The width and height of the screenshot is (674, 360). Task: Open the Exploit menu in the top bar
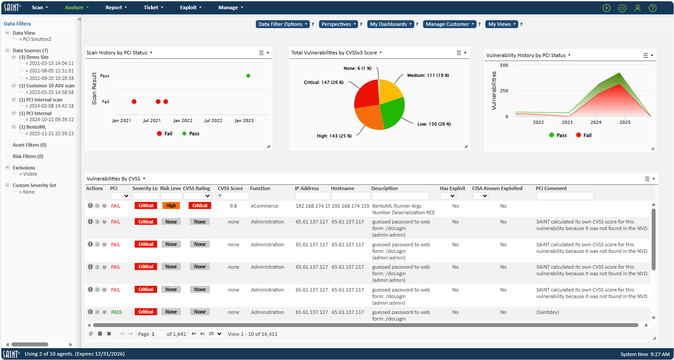click(x=190, y=7)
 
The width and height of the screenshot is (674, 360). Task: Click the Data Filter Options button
click(x=283, y=24)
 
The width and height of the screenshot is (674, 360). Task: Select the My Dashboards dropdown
click(x=391, y=24)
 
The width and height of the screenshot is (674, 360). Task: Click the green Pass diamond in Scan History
click(x=248, y=76)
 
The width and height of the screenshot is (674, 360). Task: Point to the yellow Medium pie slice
click(x=390, y=92)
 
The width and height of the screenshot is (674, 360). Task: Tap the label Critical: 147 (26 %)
click(x=323, y=82)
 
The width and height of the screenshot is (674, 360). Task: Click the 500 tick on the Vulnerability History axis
click(x=504, y=65)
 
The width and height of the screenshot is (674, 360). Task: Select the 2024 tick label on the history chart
click(x=596, y=122)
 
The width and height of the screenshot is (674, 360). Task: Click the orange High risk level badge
click(x=171, y=205)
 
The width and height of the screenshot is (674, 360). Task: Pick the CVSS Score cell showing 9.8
click(x=233, y=206)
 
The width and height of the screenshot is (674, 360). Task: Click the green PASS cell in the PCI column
click(x=116, y=312)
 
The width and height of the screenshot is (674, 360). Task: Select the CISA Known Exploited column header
click(x=497, y=188)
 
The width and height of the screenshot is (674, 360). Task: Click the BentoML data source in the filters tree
click(x=36, y=127)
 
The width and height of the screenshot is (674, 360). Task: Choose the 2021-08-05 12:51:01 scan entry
click(x=51, y=71)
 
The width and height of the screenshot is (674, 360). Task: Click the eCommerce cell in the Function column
click(x=265, y=206)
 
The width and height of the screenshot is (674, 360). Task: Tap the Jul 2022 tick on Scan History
click(x=213, y=121)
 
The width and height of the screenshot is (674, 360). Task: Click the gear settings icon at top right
click(x=622, y=8)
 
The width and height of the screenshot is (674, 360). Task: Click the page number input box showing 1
click(x=158, y=334)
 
